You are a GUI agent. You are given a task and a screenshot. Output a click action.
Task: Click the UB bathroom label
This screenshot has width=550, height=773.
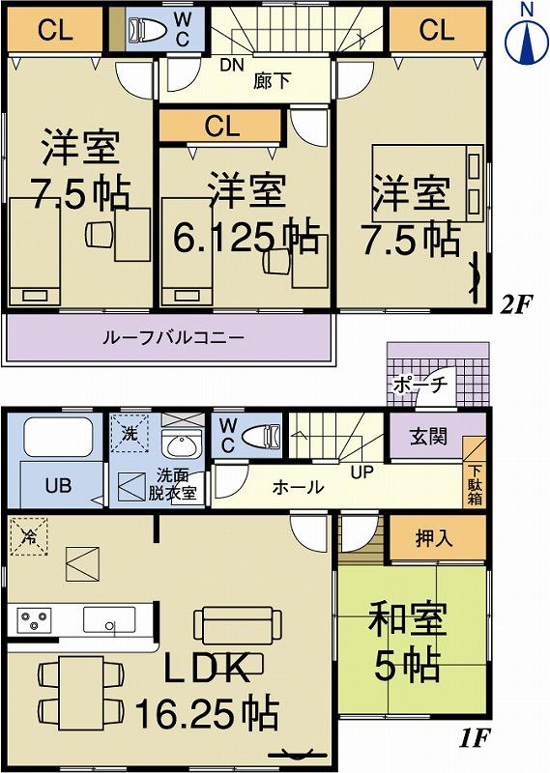[58, 485]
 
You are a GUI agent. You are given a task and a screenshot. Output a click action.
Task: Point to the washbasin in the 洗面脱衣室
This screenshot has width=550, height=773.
[178, 445]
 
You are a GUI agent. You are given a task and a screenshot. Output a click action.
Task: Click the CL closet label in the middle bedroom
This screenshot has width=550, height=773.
[221, 126]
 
